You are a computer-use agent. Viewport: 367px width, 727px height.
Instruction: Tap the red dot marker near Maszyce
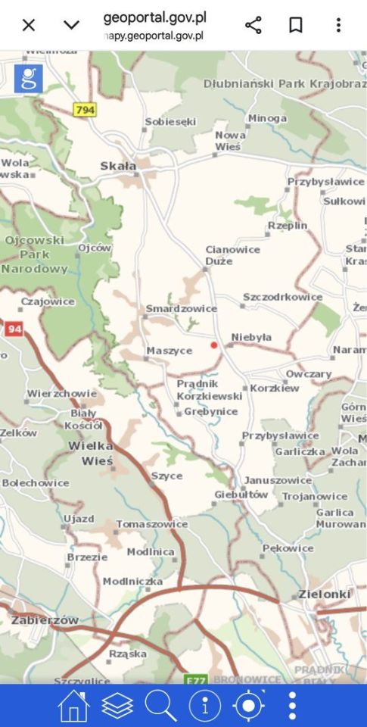pos(214,345)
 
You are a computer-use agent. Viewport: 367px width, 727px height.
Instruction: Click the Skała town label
pos(119,166)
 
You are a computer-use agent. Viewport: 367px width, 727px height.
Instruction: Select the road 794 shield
pos(86,110)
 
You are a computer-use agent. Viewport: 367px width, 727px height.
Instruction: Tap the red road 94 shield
pos(14,329)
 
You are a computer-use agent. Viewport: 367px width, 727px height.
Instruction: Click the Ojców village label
pos(95,248)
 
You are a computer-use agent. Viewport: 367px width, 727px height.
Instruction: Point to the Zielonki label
pos(325,594)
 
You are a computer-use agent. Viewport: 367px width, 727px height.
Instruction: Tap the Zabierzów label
pos(45,619)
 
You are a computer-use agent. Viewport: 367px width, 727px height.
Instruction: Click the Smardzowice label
pos(181,308)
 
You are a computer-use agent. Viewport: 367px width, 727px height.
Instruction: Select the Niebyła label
pos(251,337)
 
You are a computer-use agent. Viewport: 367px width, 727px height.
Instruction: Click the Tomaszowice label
pos(151,523)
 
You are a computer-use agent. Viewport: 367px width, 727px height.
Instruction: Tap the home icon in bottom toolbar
pos(73,706)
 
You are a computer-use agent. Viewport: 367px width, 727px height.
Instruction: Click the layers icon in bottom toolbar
pos(117,706)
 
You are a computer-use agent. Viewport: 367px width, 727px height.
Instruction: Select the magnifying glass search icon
pos(160,706)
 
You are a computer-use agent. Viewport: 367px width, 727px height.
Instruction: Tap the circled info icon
pos(204,706)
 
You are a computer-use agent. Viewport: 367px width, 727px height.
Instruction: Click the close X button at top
pos(29,25)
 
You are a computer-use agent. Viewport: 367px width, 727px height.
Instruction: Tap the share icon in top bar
pos(253,25)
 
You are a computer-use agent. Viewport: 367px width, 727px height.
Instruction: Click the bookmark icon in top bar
pos(296,25)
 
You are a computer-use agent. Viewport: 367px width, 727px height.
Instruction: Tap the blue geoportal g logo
pos(29,79)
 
